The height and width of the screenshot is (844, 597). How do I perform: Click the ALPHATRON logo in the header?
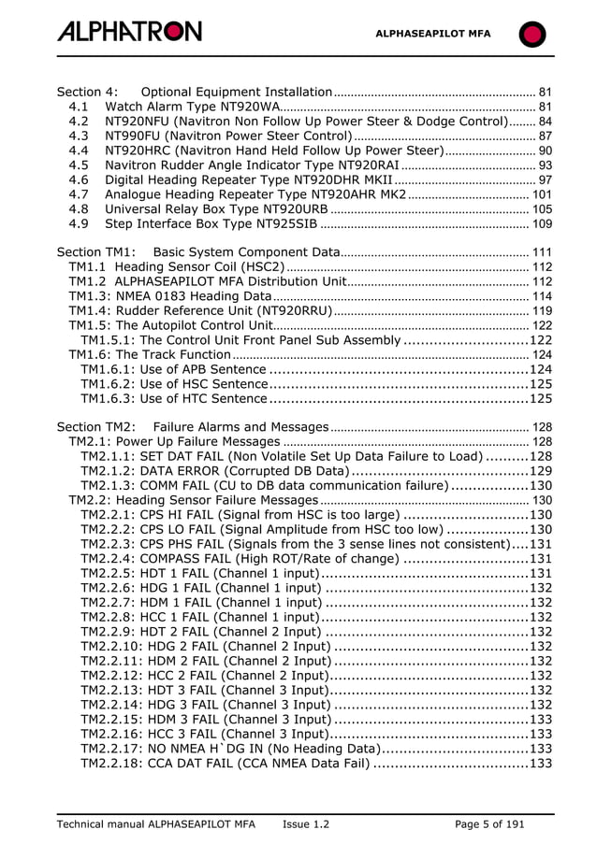point(129,32)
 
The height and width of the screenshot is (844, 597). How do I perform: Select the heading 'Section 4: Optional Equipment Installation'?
point(195,93)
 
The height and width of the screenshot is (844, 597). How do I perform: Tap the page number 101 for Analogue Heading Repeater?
point(541,194)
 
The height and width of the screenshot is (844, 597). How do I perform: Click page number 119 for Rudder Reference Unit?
point(541,311)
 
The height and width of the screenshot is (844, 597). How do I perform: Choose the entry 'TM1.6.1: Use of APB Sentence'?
point(173,369)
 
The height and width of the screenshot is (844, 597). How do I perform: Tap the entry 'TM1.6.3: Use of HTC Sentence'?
point(173,399)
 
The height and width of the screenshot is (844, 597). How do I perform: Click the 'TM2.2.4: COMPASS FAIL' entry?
point(240,558)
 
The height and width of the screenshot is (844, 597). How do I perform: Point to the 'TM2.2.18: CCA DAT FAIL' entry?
point(225,764)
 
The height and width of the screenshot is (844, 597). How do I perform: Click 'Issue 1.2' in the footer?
point(306,823)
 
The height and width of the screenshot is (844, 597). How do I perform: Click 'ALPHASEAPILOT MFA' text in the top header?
point(432,34)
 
